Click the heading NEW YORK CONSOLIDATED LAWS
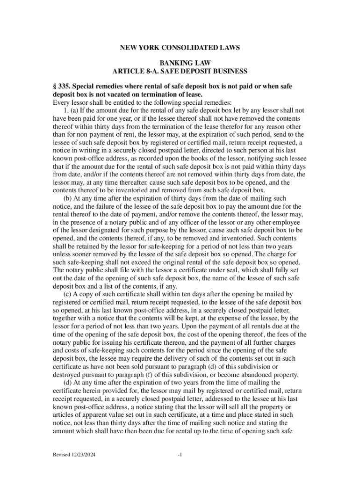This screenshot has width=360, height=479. (x=180, y=47)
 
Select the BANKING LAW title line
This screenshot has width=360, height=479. (x=180, y=63)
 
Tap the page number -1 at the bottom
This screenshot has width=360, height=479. (x=180, y=454)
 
